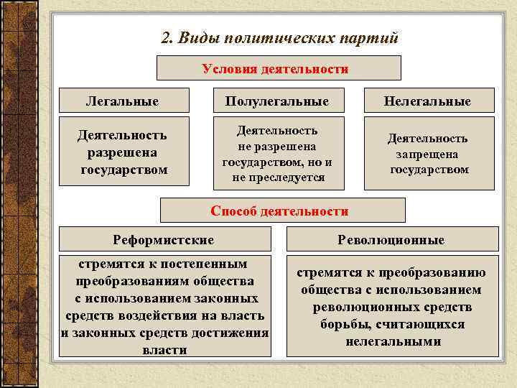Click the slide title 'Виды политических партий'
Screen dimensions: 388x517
[287, 37]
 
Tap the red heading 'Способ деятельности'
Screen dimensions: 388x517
[279, 211]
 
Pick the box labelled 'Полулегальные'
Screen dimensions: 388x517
[276, 101]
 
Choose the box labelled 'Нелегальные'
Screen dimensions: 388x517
[427, 101]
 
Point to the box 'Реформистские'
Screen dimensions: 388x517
[164, 239]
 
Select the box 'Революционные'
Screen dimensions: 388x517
[391, 239]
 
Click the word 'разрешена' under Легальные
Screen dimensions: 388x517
[123, 152]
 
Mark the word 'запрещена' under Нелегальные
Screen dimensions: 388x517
[429, 154]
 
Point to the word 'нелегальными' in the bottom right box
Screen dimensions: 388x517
[393, 341]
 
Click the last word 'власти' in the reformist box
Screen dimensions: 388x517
[165, 350]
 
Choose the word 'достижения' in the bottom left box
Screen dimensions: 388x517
[233, 333]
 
